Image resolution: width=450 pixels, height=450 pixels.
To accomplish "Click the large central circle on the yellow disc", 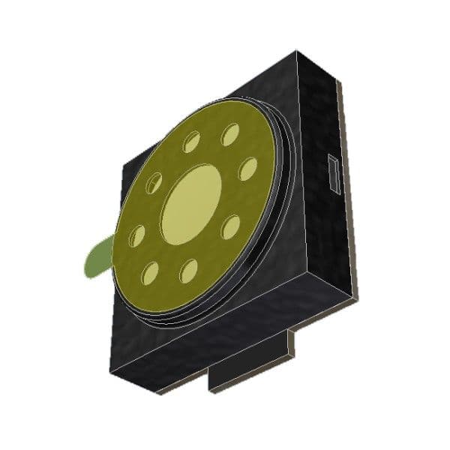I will point(191,204).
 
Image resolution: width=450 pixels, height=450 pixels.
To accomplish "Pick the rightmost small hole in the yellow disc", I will point(247,169).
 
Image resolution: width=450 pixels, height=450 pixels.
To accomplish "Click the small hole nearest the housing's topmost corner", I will point(229,135).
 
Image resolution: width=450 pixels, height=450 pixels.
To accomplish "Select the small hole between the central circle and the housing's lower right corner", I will point(231,226).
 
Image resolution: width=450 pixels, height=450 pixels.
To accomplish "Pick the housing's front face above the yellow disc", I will point(255,90).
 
